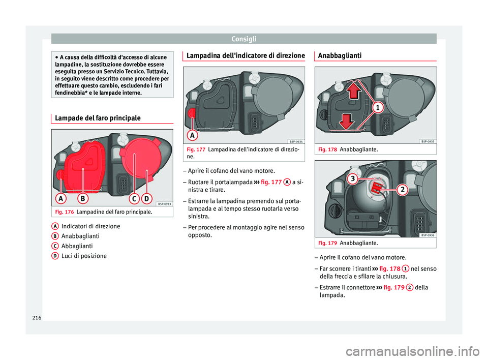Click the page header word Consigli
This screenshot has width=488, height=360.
[x=243, y=38]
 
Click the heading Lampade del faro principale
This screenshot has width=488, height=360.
[x=97, y=118]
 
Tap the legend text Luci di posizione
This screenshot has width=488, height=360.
[x=84, y=256]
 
